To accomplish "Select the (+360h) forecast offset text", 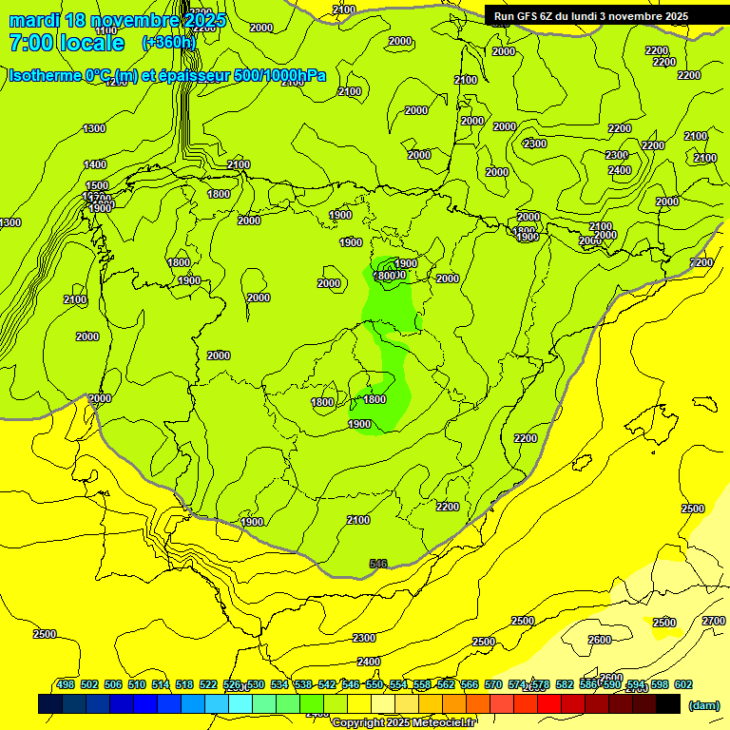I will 168,43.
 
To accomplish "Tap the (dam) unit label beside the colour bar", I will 702,705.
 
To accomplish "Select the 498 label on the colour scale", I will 66,685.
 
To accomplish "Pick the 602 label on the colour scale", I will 683,685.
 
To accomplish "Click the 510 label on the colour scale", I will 137,685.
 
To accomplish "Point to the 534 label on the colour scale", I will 279,685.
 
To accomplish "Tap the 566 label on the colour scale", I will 470,685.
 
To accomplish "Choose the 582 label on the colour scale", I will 565,685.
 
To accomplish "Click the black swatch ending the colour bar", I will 668,704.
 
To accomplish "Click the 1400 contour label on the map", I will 95,164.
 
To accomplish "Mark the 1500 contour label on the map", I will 97,186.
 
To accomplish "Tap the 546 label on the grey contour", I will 378,564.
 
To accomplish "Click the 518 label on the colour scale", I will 184,685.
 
